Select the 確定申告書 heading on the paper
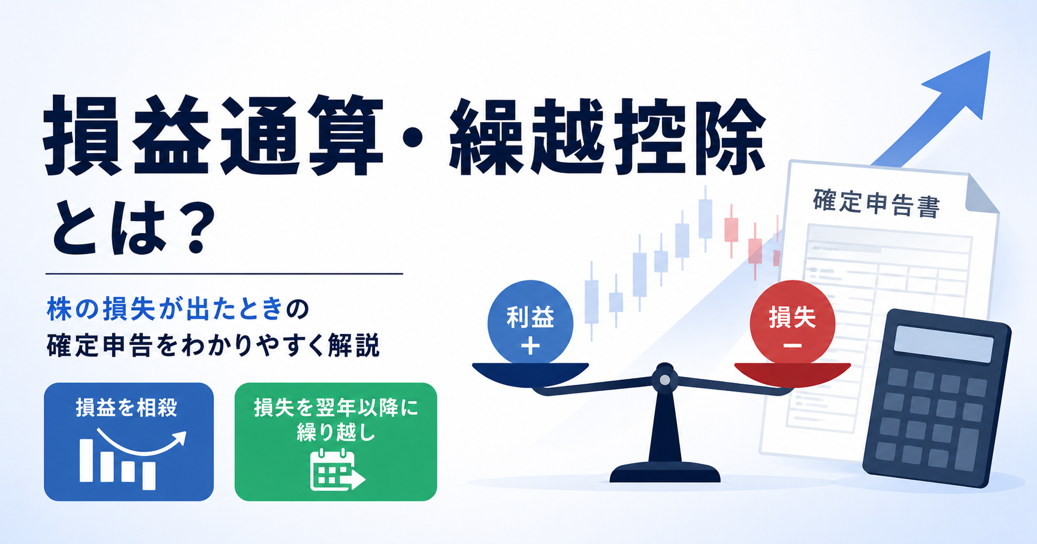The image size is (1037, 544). (876, 203)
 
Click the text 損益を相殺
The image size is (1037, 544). (126, 408)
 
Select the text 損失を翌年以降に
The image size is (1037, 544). (335, 408)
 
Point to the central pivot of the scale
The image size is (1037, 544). (664, 379)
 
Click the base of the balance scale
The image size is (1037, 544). (664, 473)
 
